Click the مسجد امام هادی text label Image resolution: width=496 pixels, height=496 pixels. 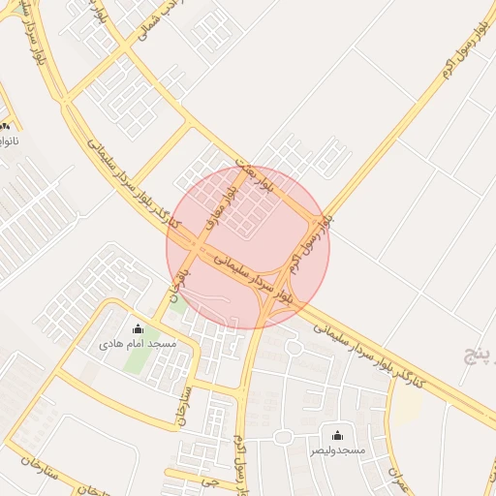tap(138, 344)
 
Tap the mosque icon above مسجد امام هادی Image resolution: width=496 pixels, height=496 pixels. tap(138, 328)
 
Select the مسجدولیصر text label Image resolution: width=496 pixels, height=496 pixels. tap(337, 451)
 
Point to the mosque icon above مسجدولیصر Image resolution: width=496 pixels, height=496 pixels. tap(337, 436)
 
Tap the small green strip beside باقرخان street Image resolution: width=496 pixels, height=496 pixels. tap(180, 301)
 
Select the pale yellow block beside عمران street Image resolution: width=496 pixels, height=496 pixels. tap(408, 408)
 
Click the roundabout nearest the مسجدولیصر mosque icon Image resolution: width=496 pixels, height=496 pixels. tap(282, 437)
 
